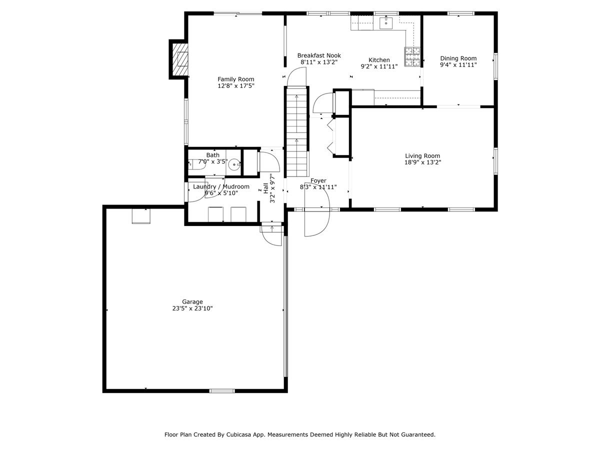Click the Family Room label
pyautogui.click(x=235, y=79)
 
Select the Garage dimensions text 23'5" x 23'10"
pyautogui.click(x=192, y=309)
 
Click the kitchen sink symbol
pyautogui.click(x=386, y=23)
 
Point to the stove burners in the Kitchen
pyautogui.click(x=412, y=56)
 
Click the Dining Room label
pyautogui.click(x=458, y=58)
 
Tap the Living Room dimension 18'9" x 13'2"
pyautogui.click(x=422, y=162)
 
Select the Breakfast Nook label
pyautogui.click(x=319, y=55)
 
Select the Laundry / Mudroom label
pyautogui.click(x=221, y=186)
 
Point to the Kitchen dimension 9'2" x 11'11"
pyautogui.click(x=379, y=66)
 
